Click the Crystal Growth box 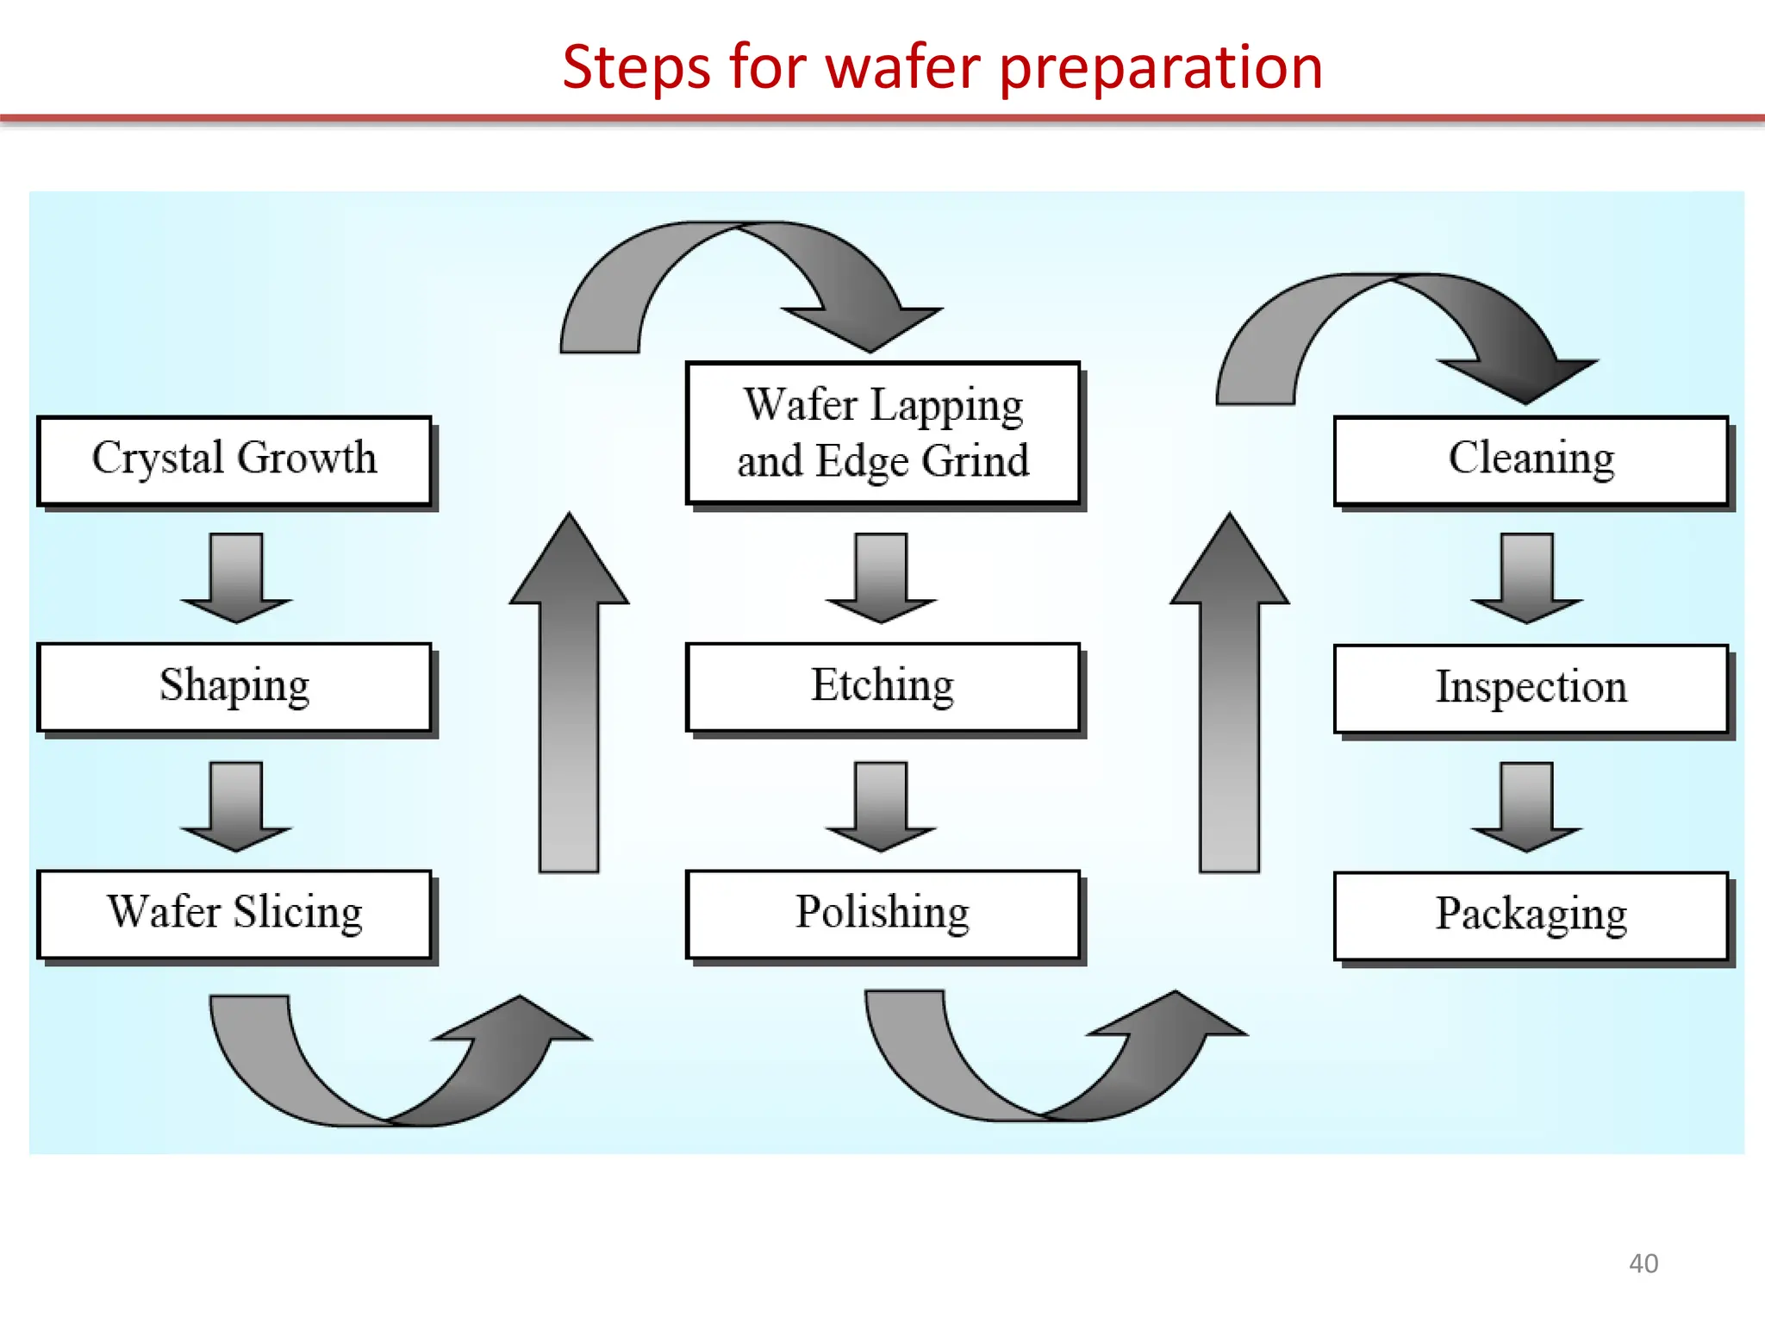coord(234,460)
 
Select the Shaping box coord(234,688)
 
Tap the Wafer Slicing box coord(234,914)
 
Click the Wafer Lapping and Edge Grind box coord(882,433)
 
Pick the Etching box coord(882,688)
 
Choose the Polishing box coord(882,914)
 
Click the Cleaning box coord(1531,460)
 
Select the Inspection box coord(1531,689)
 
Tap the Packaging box coord(1531,915)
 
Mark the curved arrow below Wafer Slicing coord(388,1077)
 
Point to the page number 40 coord(1643,1264)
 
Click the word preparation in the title coord(1161,69)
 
